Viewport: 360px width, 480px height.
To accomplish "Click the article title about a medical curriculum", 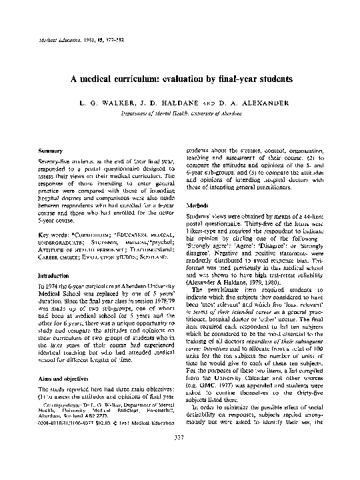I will click(x=181, y=77).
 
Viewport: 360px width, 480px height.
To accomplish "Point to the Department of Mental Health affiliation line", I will click(x=181, y=113).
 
